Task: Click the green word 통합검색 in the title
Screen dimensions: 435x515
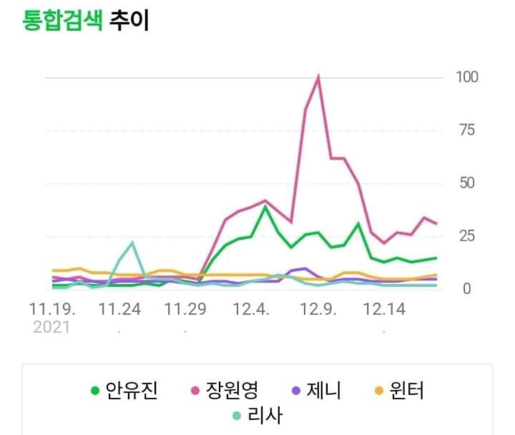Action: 62,21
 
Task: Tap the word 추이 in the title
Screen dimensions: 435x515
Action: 129,21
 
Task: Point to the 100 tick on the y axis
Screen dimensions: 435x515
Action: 466,77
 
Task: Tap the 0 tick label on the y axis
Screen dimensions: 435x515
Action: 466,289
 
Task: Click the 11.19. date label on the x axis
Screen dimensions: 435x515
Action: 52,310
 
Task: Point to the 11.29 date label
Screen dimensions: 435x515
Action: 186,310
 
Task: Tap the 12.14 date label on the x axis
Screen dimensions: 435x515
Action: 384,310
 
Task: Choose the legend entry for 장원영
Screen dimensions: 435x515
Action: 225,391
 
